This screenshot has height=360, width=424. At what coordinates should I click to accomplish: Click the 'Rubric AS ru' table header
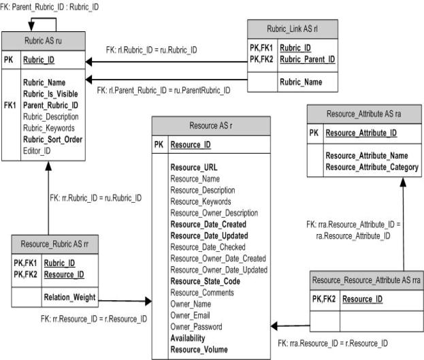click(x=44, y=41)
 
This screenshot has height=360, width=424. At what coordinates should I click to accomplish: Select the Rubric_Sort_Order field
click(x=52, y=140)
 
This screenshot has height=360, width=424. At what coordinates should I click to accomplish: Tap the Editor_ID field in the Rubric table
click(x=37, y=151)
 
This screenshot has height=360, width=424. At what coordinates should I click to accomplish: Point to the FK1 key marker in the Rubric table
click(x=10, y=105)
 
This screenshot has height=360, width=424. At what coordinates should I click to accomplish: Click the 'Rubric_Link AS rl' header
click(x=293, y=29)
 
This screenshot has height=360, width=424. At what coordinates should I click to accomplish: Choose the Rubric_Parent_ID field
click(x=308, y=59)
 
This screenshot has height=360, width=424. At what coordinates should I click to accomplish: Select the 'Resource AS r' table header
click(x=211, y=126)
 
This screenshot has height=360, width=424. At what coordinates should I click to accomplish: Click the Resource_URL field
click(x=194, y=167)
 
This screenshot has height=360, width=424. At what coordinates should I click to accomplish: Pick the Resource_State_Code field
click(x=206, y=282)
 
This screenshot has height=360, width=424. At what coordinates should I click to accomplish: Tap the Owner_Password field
click(x=196, y=327)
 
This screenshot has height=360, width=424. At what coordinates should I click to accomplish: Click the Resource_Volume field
click(x=199, y=350)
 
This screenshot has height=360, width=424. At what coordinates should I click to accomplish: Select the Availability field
click(x=188, y=338)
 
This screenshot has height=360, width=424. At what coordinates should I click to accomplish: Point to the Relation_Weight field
click(x=70, y=297)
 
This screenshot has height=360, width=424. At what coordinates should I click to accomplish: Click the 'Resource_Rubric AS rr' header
click(x=54, y=244)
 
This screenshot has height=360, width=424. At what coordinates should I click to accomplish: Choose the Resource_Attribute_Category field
click(x=372, y=167)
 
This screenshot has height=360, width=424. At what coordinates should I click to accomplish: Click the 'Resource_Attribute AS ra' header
click(x=364, y=114)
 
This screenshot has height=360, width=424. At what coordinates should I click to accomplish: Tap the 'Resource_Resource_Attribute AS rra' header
click(x=367, y=280)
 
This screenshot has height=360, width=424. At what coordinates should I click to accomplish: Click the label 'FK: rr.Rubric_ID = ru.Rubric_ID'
click(x=96, y=198)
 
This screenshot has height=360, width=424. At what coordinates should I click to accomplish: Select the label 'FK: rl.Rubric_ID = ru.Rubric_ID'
click(x=151, y=50)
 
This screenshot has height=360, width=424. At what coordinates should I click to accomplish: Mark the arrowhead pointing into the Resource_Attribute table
click(x=403, y=182)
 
